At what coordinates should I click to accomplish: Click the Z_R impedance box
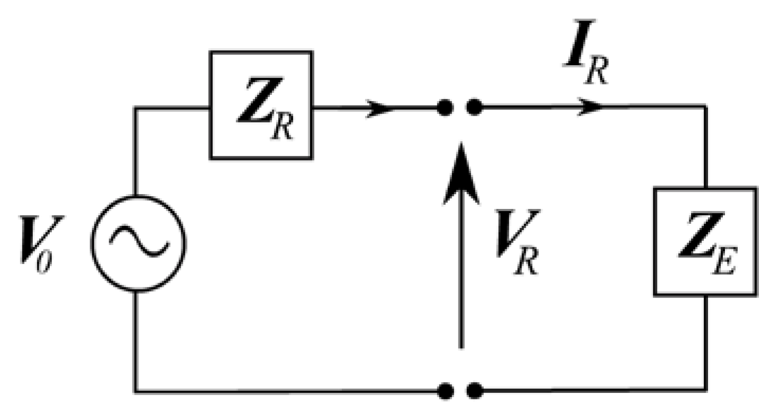tap(261, 105)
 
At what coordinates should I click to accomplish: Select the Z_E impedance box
tap(705, 241)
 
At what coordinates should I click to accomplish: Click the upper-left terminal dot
tap(445, 108)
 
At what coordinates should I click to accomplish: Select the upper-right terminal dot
tap(474, 108)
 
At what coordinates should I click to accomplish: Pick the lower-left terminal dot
tap(445, 391)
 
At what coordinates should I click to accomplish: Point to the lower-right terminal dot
tap(474, 391)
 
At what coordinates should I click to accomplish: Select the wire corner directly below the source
tap(136, 391)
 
